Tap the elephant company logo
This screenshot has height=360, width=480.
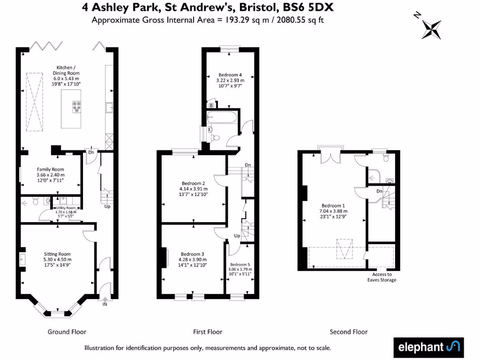pyautogui.click(x=428, y=347)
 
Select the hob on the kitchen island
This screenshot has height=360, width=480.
pyautogui.click(x=76, y=107)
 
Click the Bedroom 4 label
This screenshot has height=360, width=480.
pyautogui.click(x=230, y=75)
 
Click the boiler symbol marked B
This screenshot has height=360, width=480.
pyautogui.click(x=211, y=105)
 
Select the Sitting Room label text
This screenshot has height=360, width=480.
pyautogui.click(x=57, y=254)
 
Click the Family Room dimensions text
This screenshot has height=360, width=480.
pyautogui.click(x=51, y=177)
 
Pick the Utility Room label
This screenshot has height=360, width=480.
pyautogui.click(x=66, y=208)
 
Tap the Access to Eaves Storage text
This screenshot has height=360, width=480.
pyautogui.click(x=382, y=277)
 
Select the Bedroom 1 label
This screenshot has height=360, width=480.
pyautogui.click(x=333, y=205)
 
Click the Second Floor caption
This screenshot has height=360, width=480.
pyautogui.click(x=348, y=332)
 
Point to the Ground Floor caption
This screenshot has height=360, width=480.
pyautogui.click(x=67, y=332)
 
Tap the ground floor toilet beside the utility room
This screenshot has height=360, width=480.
pyautogui.click(x=36, y=201)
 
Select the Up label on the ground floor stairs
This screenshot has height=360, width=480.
pyautogui.click(x=107, y=206)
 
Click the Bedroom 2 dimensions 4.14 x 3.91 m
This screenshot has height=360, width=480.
pyautogui.click(x=194, y=189)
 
